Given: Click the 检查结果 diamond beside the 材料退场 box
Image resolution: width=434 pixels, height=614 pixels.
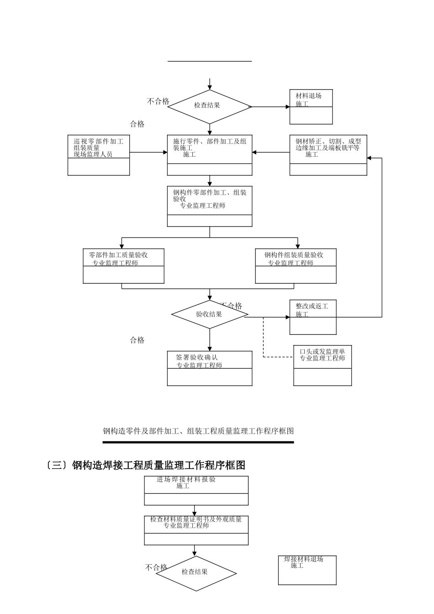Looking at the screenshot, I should (x=209, y=106).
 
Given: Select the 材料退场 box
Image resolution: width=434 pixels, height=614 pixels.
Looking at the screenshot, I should (x=311, y=107).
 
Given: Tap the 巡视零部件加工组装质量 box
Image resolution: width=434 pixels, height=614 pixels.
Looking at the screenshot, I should (x=99, y=155).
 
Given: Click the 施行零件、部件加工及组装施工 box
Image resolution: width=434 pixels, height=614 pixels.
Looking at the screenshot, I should (x=210, y=155).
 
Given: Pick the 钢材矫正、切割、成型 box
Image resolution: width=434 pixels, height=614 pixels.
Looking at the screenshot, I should (x=328, y=155).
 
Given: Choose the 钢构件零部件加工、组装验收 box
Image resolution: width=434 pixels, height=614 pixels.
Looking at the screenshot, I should (x=210, y=206).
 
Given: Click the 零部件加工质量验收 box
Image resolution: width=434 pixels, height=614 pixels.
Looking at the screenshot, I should (x=123, y=266).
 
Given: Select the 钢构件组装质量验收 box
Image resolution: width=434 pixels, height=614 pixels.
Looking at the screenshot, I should (x=296, y=266).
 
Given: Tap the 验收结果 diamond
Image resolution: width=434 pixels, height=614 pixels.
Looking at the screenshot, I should (x=209, y=314).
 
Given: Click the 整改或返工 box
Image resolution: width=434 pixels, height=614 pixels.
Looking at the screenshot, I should (x=313, y=317).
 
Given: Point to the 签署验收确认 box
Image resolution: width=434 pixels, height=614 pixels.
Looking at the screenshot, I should (x=210, y=368).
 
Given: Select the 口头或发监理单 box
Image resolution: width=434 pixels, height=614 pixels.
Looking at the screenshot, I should (x=323, y=365).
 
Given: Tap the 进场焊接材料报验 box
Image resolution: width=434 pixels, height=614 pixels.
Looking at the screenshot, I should (x=196, y=490).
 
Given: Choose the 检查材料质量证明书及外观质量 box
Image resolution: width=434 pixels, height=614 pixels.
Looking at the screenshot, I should (x=196, y=530).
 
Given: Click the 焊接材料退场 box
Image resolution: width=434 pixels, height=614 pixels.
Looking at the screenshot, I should (x=307, y=570).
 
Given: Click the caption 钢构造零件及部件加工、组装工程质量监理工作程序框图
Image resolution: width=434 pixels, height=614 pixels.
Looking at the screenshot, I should (x=198, y=431).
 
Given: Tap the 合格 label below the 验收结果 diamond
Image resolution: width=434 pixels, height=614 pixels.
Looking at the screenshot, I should (x=137, y=340).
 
